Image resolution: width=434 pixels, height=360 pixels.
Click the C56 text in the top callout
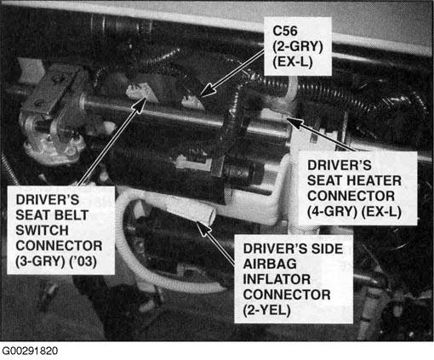point(285,31)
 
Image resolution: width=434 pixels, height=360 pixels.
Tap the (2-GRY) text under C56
point(298,46)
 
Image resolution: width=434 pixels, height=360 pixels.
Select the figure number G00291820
point(30,351)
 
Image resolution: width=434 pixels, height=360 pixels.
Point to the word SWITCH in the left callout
point(42,230)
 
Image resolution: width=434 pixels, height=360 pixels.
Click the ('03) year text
point(83,261)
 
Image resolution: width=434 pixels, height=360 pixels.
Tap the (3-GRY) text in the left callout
point(41,261)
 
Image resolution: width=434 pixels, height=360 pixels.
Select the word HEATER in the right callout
point(374,180)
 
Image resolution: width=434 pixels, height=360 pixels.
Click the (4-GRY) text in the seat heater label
point(332,212)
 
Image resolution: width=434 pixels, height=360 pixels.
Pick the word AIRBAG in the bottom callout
point(270,264)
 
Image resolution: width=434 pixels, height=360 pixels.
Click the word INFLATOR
point(277,279)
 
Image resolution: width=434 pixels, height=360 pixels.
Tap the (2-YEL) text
point(267,311)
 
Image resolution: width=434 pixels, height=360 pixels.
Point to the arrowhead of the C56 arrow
point(207,90)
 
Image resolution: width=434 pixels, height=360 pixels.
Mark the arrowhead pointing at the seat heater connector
point(294,123)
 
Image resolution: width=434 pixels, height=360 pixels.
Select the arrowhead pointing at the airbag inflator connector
point(203,229)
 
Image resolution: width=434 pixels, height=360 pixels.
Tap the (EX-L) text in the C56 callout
point(293,62)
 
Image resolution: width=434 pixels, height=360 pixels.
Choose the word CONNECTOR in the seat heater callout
point(351,196)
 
